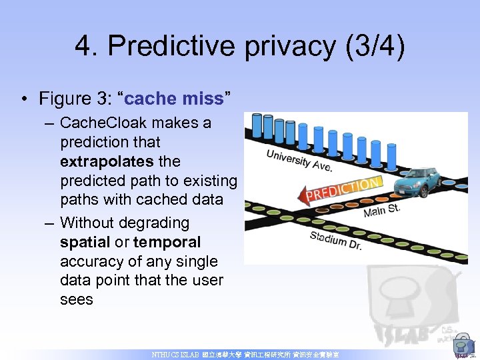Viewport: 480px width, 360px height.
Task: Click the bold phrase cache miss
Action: pyautogui.click(x=173, y=99)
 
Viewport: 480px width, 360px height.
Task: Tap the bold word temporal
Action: pyautogui.click(x=167, y=241)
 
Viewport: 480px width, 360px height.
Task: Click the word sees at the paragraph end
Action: pyautogui.click(x=77, y=299)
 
